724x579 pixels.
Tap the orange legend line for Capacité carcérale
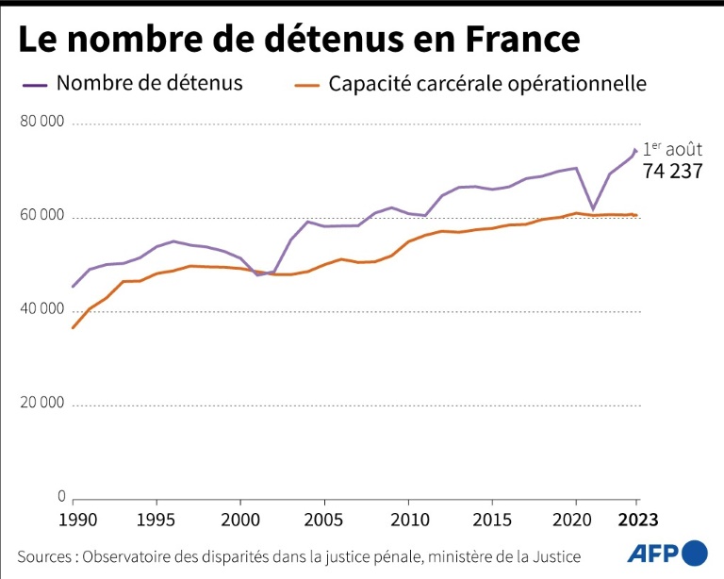pos(306,85)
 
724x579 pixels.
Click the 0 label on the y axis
pos(61,496)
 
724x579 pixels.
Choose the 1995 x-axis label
pos(156,520)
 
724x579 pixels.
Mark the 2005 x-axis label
pos(324,520)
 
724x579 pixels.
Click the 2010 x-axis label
pos(408,520)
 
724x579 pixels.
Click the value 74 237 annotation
pos(673,171)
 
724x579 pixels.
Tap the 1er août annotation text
pos(672,149)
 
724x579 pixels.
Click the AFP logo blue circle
pos(695,553)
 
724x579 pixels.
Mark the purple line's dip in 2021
pos(593,208)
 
